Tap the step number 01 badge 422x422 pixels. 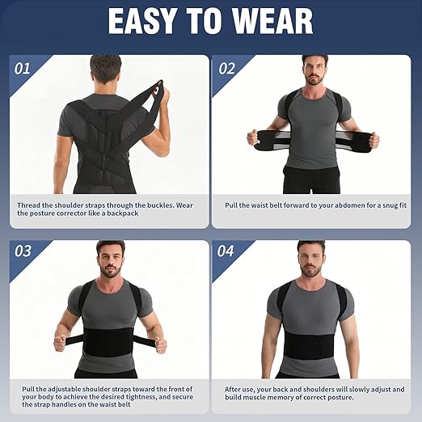coord(24,68)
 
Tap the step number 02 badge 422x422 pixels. coord(226,68)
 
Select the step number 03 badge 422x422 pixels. coord(24,251)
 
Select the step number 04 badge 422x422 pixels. coord(226,251)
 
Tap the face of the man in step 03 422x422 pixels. coord(110,259)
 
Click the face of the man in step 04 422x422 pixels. coord(310,259)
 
